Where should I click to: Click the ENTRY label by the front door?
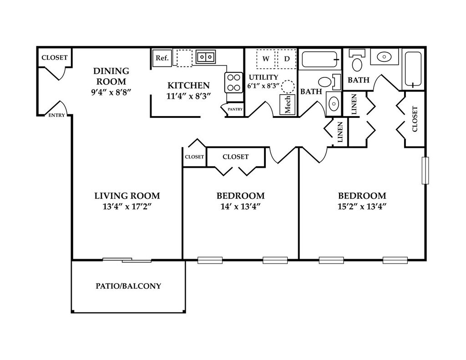(57, 116)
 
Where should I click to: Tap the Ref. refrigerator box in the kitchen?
(162, 58)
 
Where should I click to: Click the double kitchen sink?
(206, 57)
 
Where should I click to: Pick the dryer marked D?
(287, 59)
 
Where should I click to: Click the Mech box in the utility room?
(288, 104)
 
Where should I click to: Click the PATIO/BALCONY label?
(128, 286)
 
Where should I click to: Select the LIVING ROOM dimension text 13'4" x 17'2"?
(127, 206)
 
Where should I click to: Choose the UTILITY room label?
(263, 77)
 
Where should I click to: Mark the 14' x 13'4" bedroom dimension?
(240, 206)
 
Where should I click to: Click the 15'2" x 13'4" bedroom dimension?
(362, 206)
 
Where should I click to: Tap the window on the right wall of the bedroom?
(425, 171)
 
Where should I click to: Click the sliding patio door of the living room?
(127, 260)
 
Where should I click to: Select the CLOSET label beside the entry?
(55, 58)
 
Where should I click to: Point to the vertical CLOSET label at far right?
(415, 119)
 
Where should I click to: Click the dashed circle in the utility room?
(288, 86)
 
